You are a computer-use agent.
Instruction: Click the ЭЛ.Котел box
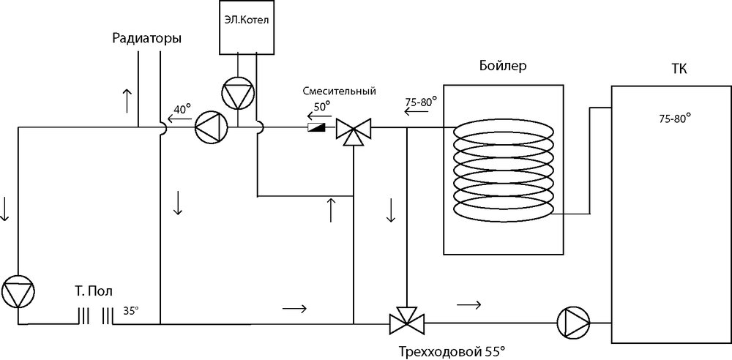[247, 29]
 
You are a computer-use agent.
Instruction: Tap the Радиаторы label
[147, 39]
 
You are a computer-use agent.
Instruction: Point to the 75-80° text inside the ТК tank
[674, 116]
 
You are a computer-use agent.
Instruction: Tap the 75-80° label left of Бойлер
[421, 102]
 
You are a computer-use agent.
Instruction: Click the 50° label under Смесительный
[322, 105]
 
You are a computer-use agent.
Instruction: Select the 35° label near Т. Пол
[130, 310]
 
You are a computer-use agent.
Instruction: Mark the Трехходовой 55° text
[452, 351]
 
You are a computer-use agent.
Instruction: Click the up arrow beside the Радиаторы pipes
[128, 97]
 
